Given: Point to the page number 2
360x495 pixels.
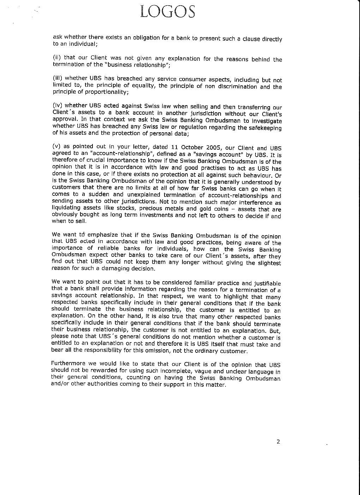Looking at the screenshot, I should pos(278,441).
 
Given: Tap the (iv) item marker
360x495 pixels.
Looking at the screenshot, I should pos(57,105).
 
